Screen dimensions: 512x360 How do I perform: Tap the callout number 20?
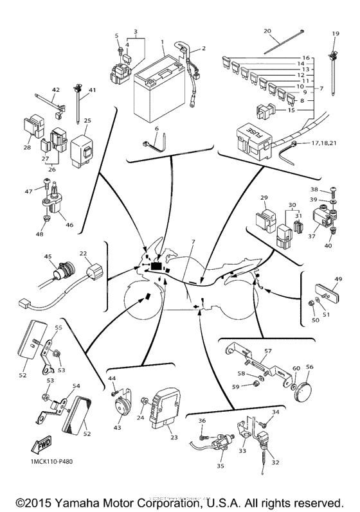(267, 30)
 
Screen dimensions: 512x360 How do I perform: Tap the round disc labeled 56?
(304, 390)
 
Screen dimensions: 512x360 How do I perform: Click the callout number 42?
(56, 89)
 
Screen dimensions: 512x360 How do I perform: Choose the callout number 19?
(335, 33)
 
